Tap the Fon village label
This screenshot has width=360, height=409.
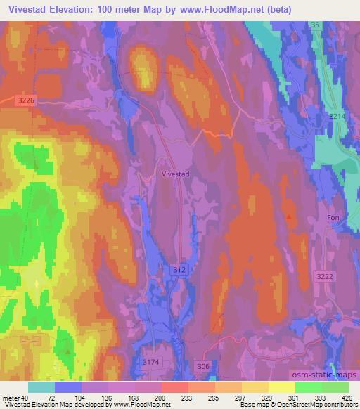coord(333,218)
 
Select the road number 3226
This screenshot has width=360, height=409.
coord(26,101)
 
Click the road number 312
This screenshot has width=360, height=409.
coord(179,269)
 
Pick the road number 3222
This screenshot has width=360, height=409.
coord(325,277)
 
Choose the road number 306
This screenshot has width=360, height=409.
coord(203,366)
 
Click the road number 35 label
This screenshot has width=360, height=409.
coord(315,25)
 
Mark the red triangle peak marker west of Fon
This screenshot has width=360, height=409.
coord(290,216)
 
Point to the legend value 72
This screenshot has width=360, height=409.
coord(51,397)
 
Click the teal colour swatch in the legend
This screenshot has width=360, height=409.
coord(41,387)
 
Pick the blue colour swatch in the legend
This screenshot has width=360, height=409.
coord(68,387)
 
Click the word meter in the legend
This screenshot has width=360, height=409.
coord(13,397)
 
